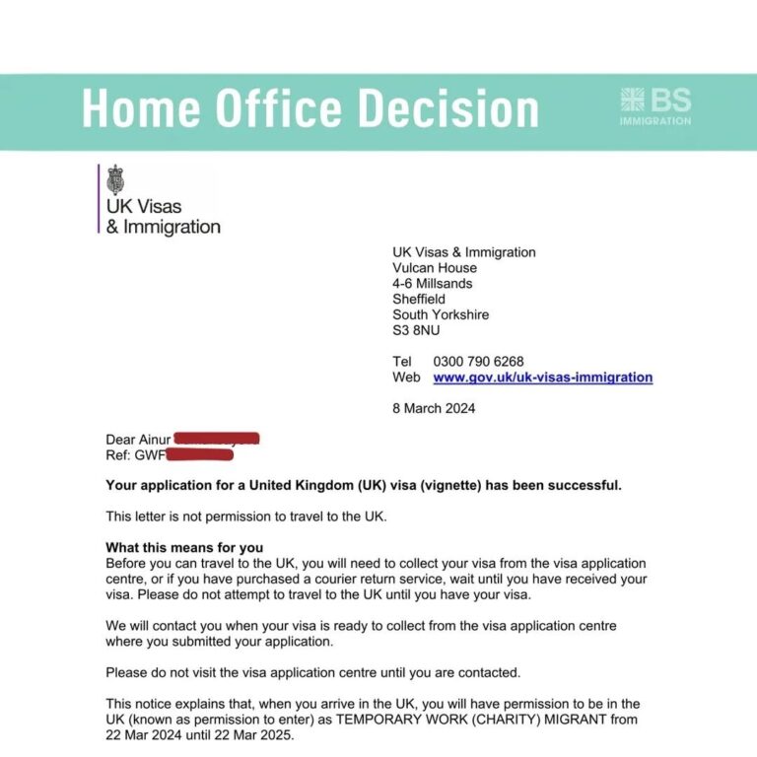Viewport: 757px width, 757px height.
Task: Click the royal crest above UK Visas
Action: pyautogui.click(x=116, y=180)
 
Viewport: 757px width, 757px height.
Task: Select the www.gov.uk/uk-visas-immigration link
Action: pyautogui.click(x=542, y=377)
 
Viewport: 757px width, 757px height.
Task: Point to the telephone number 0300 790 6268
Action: pyautogui.click(x=478, y=362)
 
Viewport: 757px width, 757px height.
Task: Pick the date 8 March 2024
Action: pyautogui.click(x=434, y=408)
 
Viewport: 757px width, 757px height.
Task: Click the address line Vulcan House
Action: pyautogui.click(x=434, y=268)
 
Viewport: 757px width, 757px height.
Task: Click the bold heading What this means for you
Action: pyautogui.click(x=184, y=547)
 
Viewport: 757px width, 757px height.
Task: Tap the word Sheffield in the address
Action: pyautogui.click(x=419, y=299)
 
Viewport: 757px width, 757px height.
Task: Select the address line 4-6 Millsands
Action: pyautogui.click(x=432, y=284)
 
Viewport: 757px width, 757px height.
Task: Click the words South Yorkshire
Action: pyautogui.click(x=441, y=314)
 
